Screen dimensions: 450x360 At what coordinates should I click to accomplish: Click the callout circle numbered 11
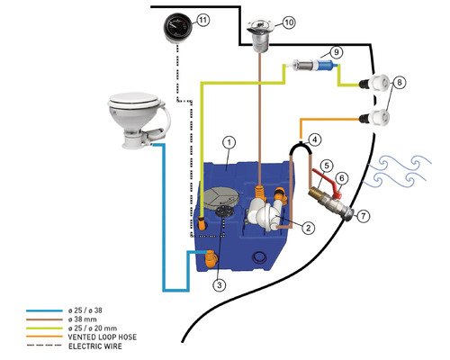[203, 21]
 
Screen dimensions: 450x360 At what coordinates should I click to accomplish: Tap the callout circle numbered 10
[289, 22]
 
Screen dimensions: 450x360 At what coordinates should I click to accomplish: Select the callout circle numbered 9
[337, 52]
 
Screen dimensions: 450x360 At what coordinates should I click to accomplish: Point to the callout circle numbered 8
[400, 83]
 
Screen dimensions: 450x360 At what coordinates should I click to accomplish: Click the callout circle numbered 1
[229, 142]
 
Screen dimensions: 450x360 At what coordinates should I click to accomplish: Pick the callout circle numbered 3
[220, 284]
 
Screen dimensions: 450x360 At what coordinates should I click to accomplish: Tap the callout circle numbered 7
[364, 216]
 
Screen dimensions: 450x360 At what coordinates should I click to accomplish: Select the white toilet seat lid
[134, 101]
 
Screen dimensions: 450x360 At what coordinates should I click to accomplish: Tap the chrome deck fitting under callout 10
[259, 35]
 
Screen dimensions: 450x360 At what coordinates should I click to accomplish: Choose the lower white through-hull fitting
[375, 118]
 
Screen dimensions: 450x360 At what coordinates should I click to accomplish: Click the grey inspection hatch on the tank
[220, 198]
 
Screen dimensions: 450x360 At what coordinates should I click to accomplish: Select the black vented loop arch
[301, 146]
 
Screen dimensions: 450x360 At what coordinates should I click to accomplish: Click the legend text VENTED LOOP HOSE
[103, 337]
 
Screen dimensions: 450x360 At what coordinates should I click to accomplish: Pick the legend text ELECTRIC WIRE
[95, 346]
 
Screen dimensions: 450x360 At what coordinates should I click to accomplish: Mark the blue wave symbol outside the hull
[398, 171]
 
